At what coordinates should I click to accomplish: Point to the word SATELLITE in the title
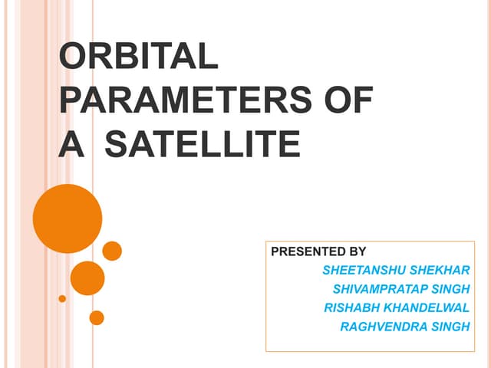pos(202,143)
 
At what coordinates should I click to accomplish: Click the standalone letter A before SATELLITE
pos(71,143)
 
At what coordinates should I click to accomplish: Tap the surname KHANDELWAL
pos(427,308)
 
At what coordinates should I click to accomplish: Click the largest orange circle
pos(68,219)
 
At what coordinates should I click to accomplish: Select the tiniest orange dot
pos(62,298)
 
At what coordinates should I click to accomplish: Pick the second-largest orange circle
pos(87,278)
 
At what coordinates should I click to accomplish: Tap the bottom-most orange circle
pos(97,317)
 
